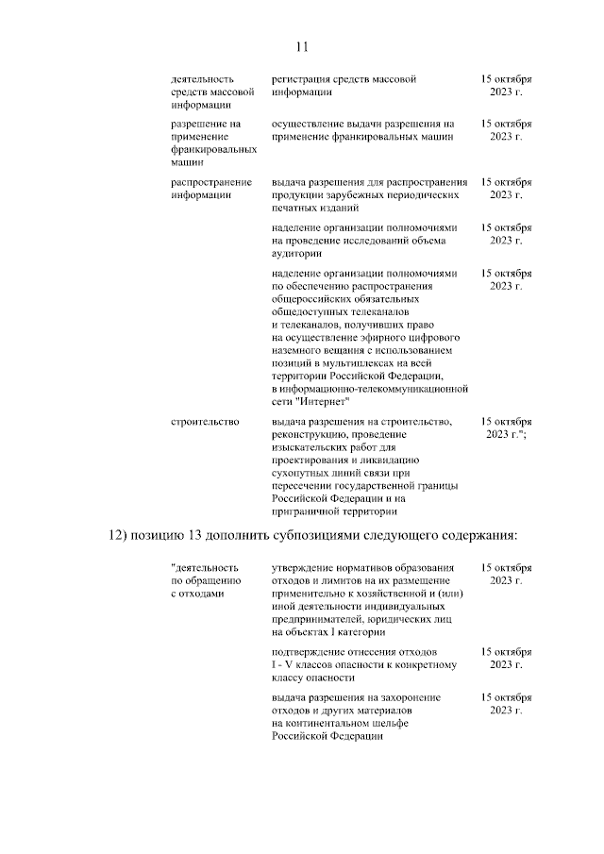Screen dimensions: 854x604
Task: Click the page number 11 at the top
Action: tap(302, 46)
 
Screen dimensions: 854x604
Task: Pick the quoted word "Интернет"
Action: tap(319, 402)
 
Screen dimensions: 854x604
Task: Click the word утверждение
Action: tap(304, 568)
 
